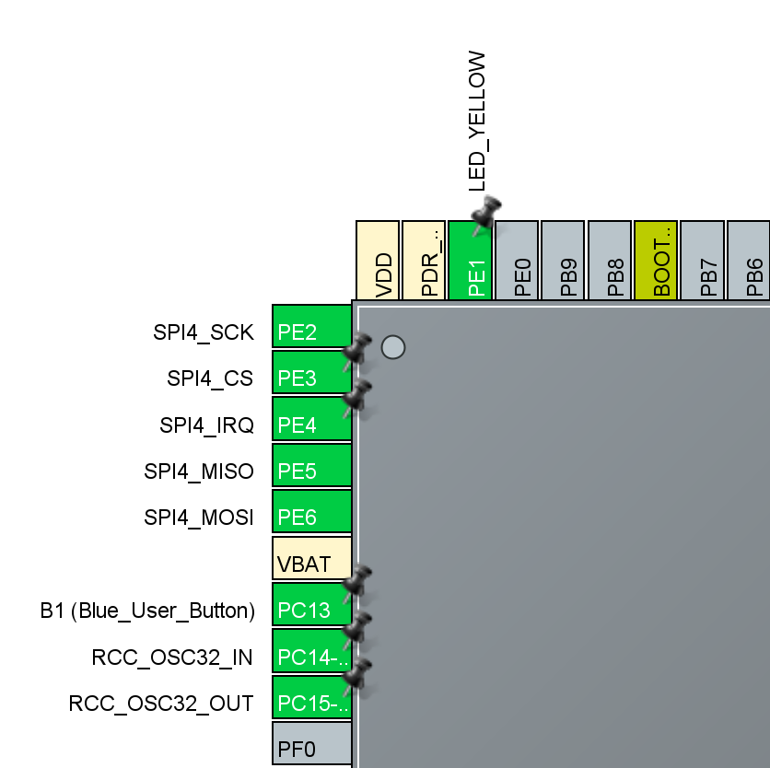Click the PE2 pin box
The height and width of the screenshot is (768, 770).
tap(311, 326)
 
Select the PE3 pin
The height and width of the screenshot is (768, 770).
tap(311, 373)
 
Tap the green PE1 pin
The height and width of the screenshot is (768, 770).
tap(471, 261)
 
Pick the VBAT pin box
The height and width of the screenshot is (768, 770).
tap(311, 558)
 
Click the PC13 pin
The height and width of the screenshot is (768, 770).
tap(311, 605)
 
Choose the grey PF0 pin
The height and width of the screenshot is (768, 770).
tap(311, 743)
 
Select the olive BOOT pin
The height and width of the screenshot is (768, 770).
tap(656, 261)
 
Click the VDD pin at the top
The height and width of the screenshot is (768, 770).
tap(378, 261)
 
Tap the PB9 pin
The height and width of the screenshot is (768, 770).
tap(563, 261)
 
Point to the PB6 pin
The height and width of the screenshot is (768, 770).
tap(748, 261)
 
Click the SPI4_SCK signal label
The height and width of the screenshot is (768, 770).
tap(203, 332)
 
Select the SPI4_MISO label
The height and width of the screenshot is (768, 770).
tap(198, 471)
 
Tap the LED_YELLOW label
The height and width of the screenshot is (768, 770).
tap(476, 122)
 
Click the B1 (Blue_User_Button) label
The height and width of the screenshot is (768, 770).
tap(146, 610)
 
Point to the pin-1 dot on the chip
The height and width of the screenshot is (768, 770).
tap(393, 347)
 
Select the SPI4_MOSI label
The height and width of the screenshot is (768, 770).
tap(198, 518)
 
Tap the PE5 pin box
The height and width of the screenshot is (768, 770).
tap(311, 466)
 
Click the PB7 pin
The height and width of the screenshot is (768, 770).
tap(702, 261)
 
